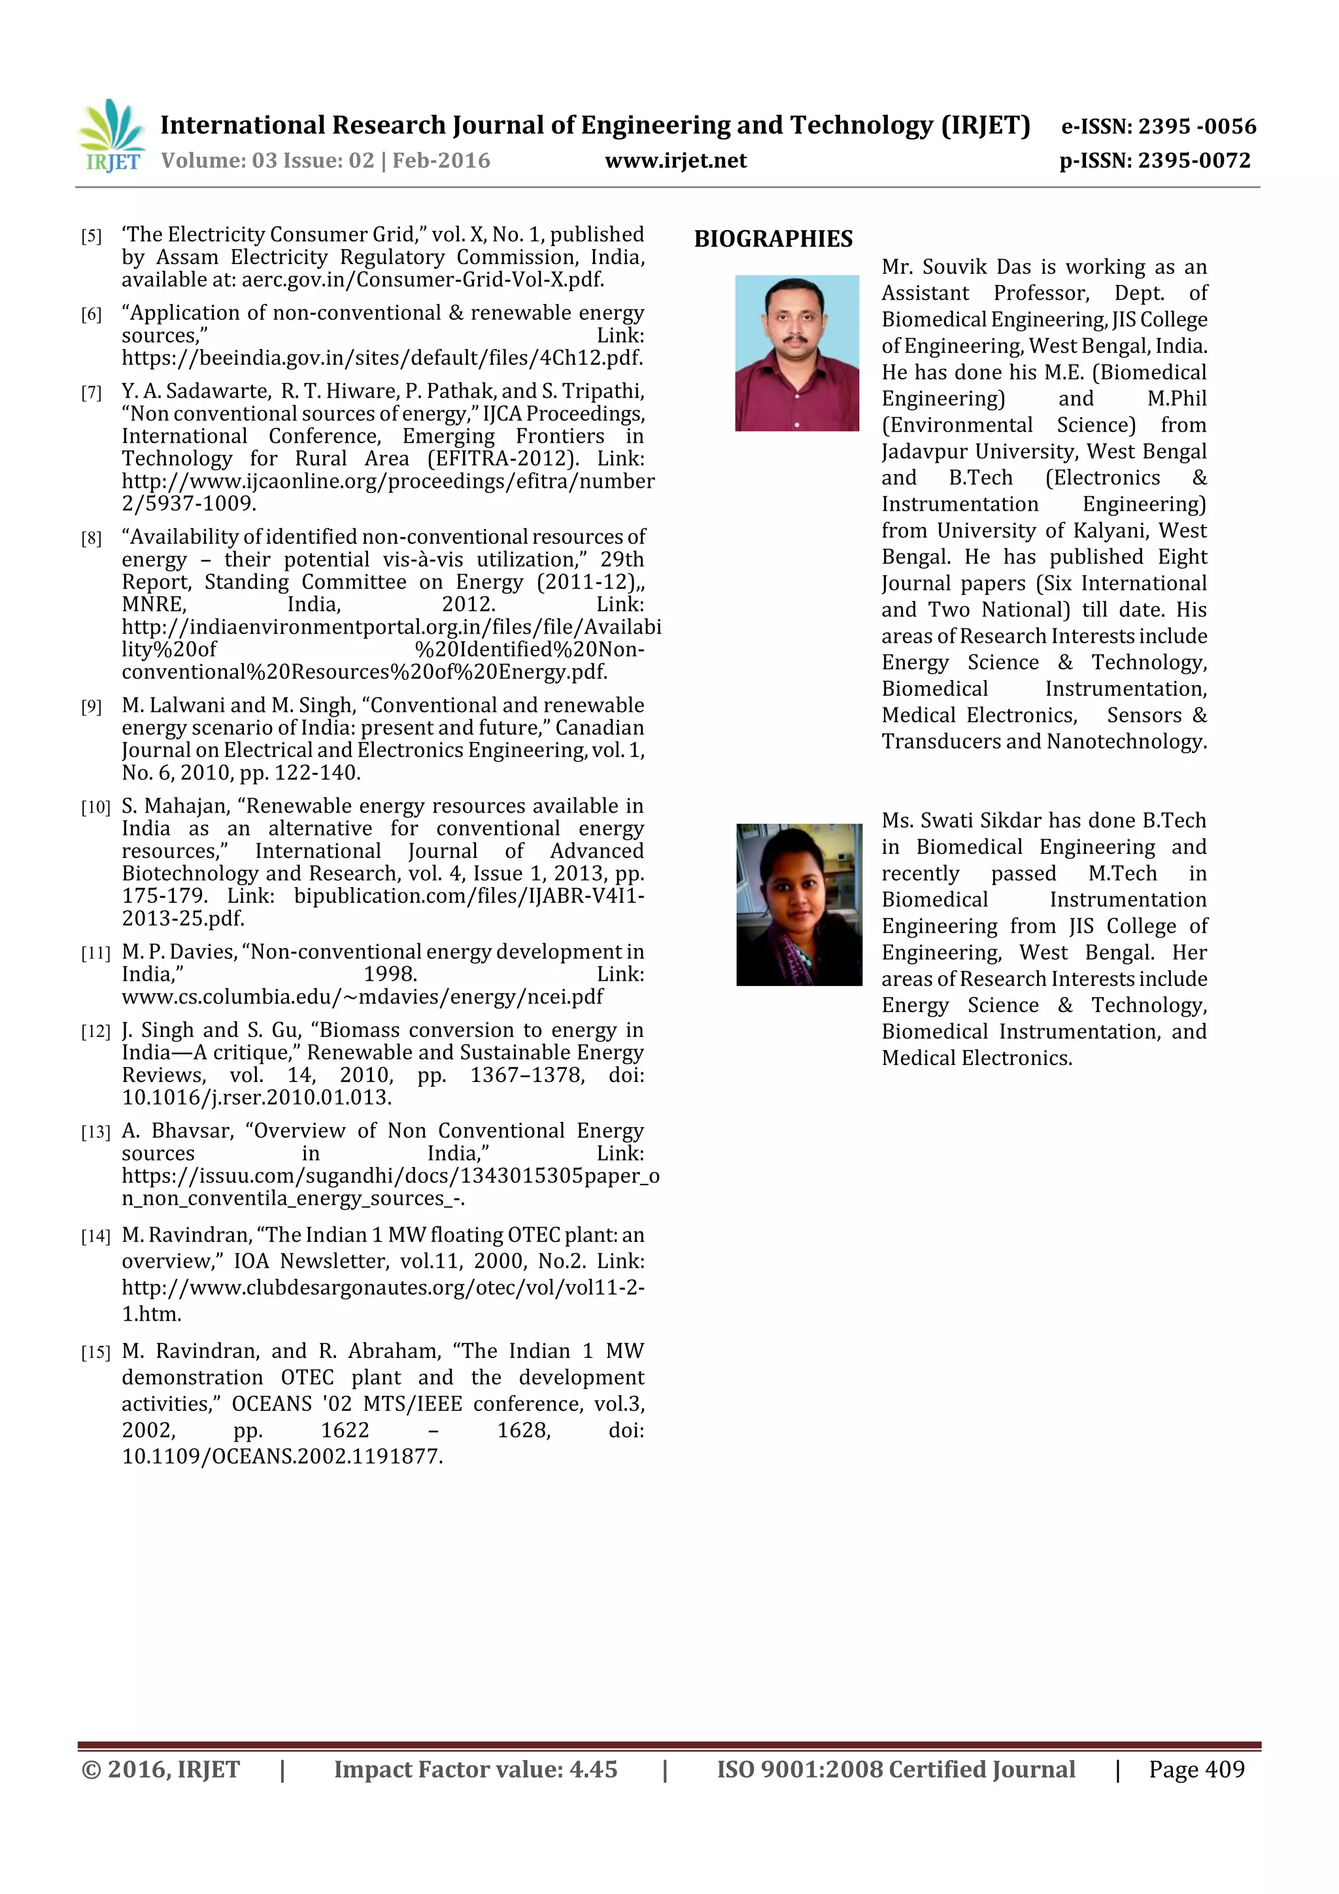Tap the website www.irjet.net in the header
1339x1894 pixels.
coord(675,161)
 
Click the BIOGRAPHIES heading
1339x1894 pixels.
coord(773,239)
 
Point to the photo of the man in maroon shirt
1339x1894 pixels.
coord(797,353)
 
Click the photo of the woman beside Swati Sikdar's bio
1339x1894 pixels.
coord(798,904)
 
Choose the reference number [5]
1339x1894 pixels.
coord(91,237)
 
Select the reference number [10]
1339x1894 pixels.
coord(95,807)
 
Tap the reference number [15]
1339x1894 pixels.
coord(95,1352)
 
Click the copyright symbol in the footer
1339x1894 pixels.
coord(91,1769)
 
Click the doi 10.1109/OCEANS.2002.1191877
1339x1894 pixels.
coord(282,1456)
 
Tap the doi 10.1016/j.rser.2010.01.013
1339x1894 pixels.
coord(256,1097)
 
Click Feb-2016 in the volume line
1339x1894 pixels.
coord(441,161)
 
